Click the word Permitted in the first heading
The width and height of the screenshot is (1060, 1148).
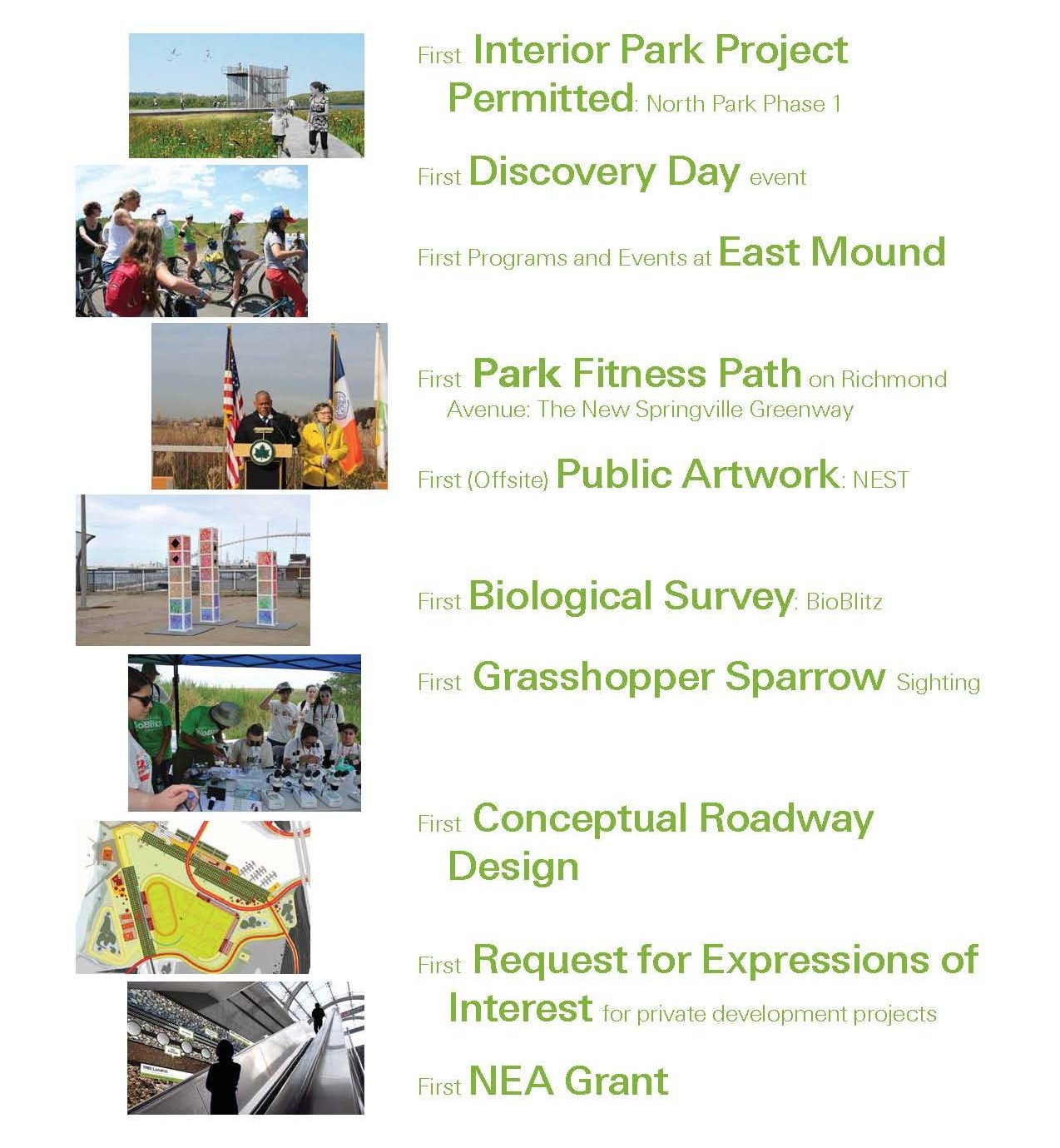(x=541, y=97)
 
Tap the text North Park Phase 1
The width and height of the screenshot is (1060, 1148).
(x=744, y=104)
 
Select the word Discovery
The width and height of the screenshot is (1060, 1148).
(x=562, y=173)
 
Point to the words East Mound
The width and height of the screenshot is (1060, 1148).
(x=832, y=252)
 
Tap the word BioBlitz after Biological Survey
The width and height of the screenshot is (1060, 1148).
(x=844, y=602)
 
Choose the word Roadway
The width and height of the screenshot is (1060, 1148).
(x=786, y=820)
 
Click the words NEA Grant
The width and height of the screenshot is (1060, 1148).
(x=569, y=1081)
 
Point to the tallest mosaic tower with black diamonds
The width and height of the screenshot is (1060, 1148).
(x=208, y=574)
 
